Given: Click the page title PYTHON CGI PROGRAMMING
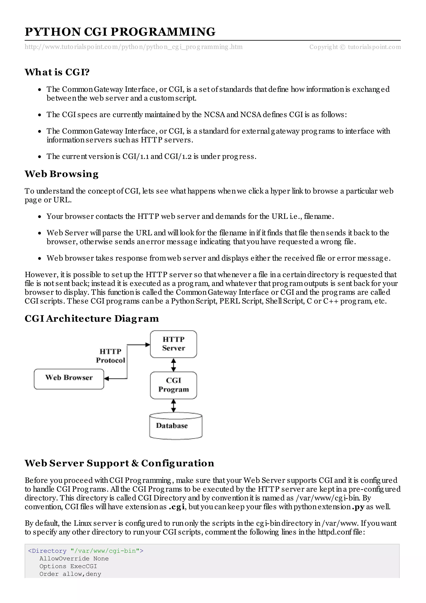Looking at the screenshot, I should tap(120, 32).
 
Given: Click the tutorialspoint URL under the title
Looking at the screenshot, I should tap(134, 47).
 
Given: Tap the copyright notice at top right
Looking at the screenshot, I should tap(355, 47).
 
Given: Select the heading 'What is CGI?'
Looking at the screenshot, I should tap(57, 72).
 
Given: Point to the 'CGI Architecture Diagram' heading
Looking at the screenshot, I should tap(92, 319).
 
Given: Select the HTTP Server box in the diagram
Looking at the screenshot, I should tap(173, 344).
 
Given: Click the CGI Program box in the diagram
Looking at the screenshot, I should tap(173, 385).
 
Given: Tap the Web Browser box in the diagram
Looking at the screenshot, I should tap(69, 379).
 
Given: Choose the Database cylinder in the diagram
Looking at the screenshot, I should tap(176, 426).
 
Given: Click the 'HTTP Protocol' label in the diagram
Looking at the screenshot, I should tap(110, 356).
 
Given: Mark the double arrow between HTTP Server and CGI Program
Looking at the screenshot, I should tap(173, 365).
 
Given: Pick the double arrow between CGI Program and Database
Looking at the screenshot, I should tap(173, 406).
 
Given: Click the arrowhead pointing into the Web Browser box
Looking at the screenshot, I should tap(106, 379).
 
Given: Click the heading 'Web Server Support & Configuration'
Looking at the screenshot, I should tap(119, 463).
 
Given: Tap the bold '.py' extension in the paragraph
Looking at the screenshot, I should tap(358, 507).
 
